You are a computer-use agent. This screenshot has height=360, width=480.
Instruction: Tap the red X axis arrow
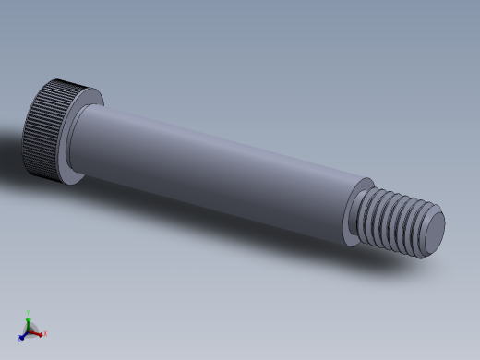pyautogui.click(x=38, y=332)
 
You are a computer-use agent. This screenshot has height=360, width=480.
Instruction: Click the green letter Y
pyautogui.click(x=29, y=312)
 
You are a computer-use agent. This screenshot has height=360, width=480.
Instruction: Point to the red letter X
pyautogui.click(x=44, y=334)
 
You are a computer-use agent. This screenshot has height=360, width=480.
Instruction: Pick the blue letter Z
pyautogui.click(x=18, y=338)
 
